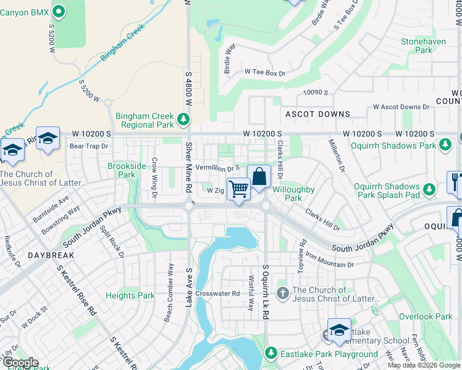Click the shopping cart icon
(238, 189)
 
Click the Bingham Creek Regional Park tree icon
(183, 118)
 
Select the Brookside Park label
(127, 170)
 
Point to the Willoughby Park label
(294, 194)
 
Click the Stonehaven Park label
(423, 46)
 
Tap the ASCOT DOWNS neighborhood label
(317, 114)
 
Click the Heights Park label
(130, 296)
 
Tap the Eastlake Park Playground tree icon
(270, 353)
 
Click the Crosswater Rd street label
(217, 294)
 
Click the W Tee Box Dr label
(264, 73)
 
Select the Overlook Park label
(426, 316)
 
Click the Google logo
(20, 363)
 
